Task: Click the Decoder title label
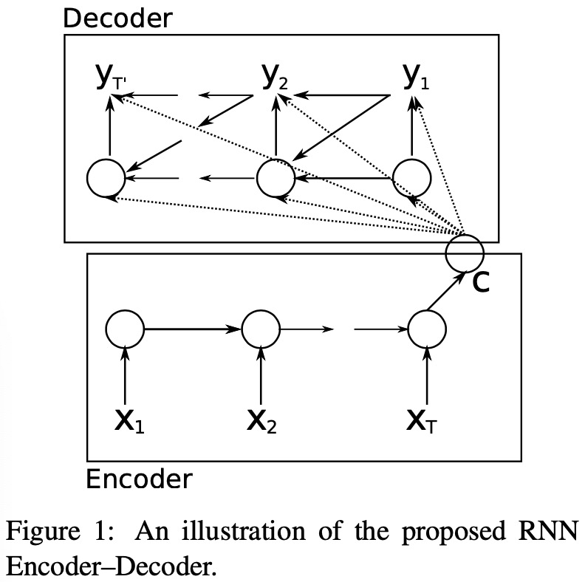tap(117, 18)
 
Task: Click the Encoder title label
tap(139, 479)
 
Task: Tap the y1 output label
tap(416, 78)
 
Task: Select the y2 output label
tap(275, 78)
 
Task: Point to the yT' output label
tap(112, 78)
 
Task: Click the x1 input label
tap(129, 421)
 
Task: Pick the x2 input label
tap(262, 421)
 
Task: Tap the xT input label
tap(422, 421)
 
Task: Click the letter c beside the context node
tap(481, 282)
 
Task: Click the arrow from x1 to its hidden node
tap(125, 375)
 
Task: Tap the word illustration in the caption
tap(244, 530)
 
